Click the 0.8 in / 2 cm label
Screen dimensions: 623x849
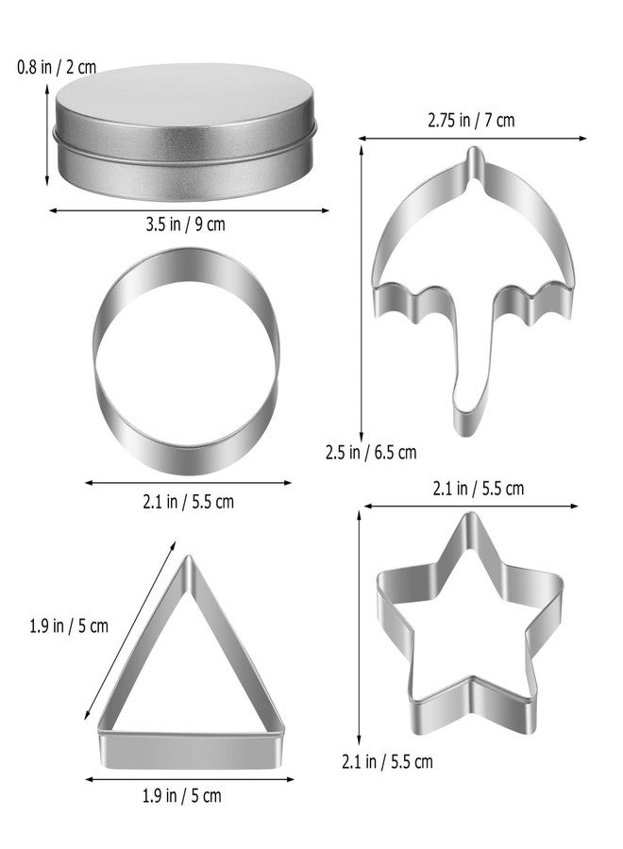[x=57, y=68]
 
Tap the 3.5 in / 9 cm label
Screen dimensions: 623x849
[x=185, y=225]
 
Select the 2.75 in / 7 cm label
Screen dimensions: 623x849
[x=471, y=120]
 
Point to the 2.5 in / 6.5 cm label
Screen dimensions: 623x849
[x=371, y=452]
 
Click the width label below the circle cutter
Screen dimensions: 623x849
[x=189, y=502]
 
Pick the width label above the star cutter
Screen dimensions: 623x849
[x=479, y=489]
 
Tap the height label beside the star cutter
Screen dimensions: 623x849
[x=387, y=761]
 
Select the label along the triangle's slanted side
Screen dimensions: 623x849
[x=69, y=626]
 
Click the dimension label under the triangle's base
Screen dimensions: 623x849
[x=182, y=795]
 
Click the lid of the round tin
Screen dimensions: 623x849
[x=184, y=111]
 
